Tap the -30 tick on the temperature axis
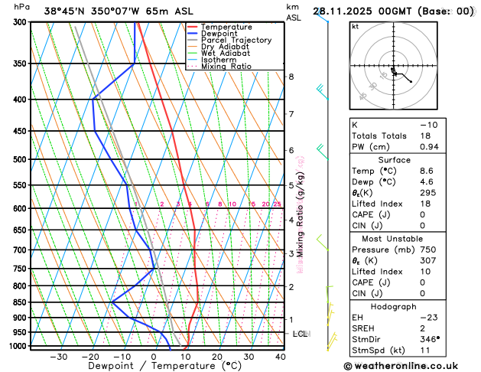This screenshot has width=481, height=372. [x=58, y=357]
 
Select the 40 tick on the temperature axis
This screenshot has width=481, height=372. [x=281, y=357]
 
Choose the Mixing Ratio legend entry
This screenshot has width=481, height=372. [x=226, y=67]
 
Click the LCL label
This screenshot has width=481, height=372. [x=301, y=334]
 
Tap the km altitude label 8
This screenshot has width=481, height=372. [x=291, y=77]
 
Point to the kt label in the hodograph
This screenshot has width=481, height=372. [x=356, y=26]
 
